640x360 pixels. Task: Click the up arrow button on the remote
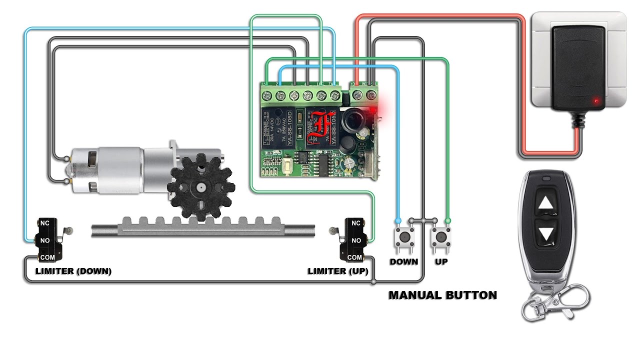click(546, 203)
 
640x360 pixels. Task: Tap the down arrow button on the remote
click(546, 233)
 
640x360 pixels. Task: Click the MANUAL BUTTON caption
click(442, 295)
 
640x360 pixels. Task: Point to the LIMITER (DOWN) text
click(73, 271)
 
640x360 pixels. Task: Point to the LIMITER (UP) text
click(337, 271)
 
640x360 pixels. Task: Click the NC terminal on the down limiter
click(44, 223)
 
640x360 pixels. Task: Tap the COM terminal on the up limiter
click(354, 257)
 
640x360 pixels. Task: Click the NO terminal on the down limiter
click(44, 240)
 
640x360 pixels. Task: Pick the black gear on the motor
click(200, 187)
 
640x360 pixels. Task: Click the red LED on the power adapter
click(595, 101)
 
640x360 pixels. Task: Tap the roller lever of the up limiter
click(333, 230)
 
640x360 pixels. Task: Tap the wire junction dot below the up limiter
click(373, 282)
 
